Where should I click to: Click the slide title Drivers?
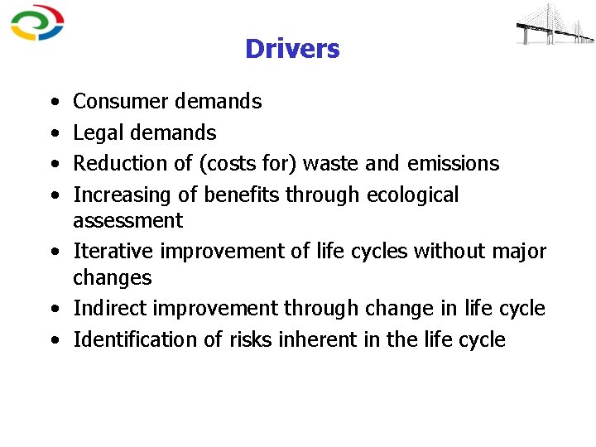coord(292,50)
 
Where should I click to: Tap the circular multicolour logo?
coord(37,23)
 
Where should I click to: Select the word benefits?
coord(242,195)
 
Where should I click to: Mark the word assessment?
coord(127,221)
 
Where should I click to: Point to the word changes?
coord(112,277)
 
